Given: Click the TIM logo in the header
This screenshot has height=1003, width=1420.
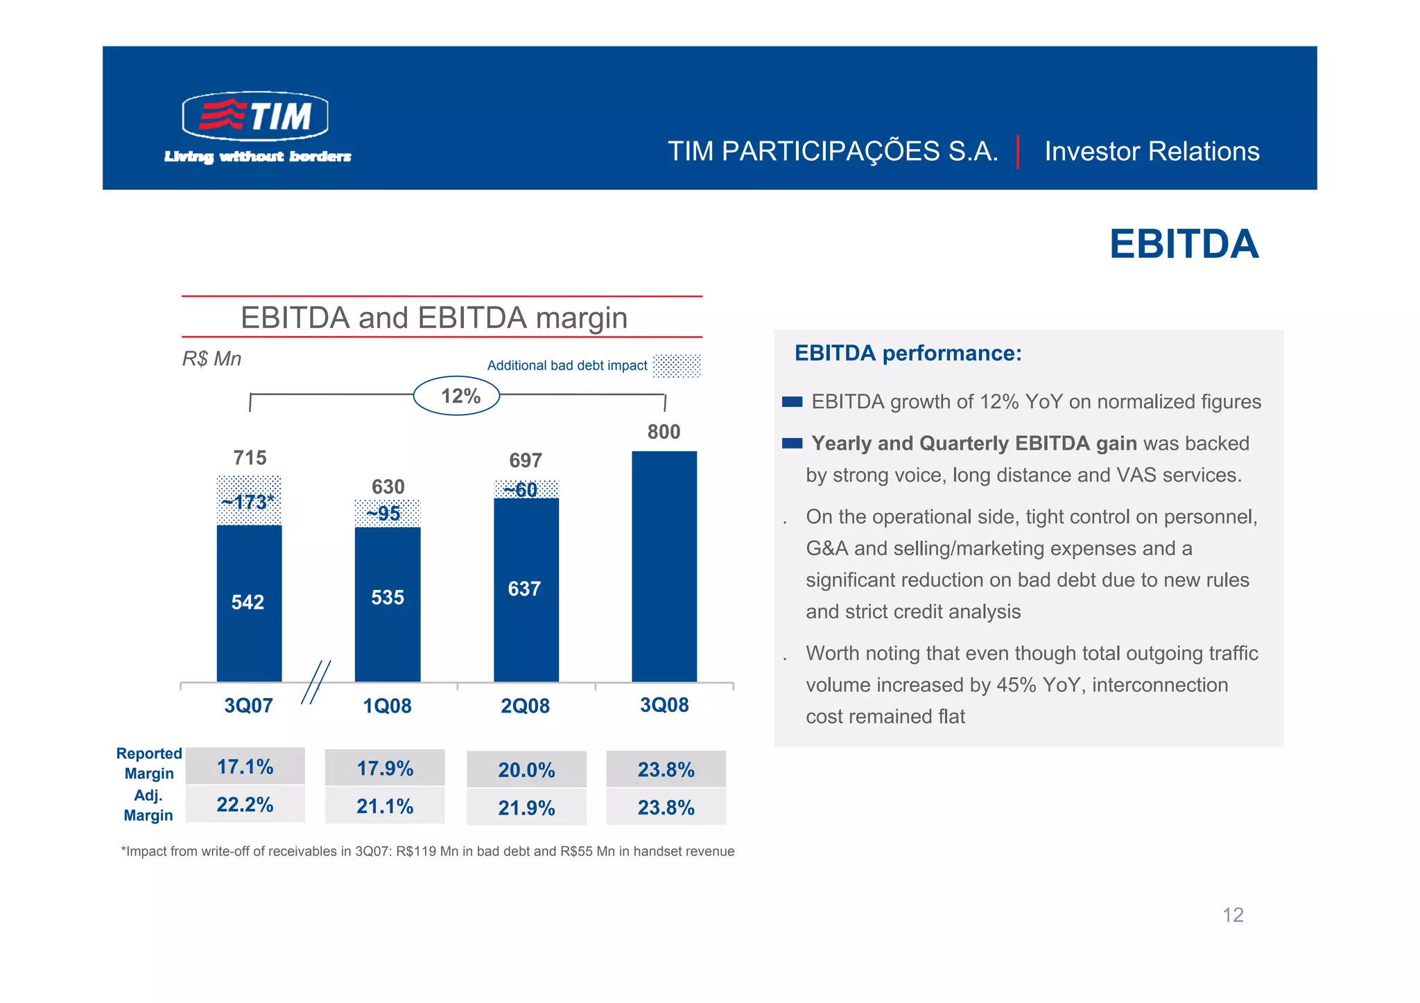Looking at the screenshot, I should click(x=255, y=116).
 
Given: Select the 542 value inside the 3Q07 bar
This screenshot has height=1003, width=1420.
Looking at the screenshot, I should click(x=248, y=602).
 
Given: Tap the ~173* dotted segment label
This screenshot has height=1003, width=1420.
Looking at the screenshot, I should click(x=248, y=501).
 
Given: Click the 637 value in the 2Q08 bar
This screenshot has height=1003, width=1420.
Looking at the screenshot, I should click(x=524, y=589).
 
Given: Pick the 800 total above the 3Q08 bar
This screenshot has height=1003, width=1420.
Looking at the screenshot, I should click(x=664, y=432).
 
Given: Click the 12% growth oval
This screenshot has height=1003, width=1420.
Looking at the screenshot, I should click(x=457, y=396).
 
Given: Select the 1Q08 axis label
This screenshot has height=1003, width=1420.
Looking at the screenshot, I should click(x=387, y=706).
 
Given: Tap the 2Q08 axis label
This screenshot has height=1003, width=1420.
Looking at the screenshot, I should click(x=525, y=706).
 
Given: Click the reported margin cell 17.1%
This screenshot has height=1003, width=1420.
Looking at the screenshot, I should click(x=245, y=767).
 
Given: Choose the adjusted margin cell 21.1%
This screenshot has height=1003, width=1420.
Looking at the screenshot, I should click(x=385, y=806).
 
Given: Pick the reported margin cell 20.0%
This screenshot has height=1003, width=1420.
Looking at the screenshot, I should click(x=526, y=770).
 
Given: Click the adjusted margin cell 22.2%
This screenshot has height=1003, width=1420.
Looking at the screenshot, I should click(x=245, y=805).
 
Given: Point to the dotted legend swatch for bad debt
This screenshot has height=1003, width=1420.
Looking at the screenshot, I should click(x=677, y=365).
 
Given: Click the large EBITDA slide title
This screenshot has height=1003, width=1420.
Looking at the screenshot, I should click(x=1184, y=244).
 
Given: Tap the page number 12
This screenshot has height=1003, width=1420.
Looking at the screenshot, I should click(x=1232, y=915).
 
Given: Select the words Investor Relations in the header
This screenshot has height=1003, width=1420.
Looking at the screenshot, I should click(x=1152, y=151).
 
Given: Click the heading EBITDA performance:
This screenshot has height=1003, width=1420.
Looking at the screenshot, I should click(x=908, y=354).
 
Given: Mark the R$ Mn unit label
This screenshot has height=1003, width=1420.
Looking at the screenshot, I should click(x=211, y=358).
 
